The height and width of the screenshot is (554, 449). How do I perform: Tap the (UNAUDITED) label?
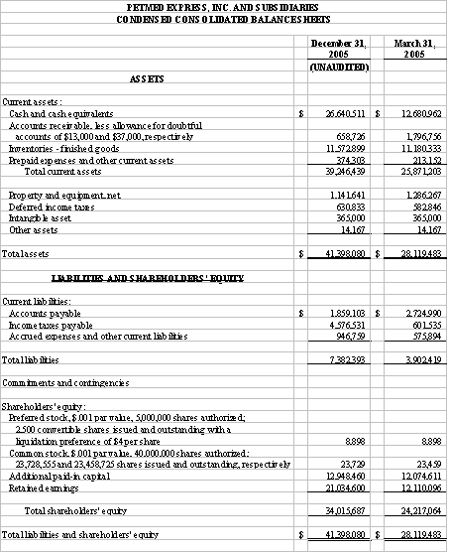336,67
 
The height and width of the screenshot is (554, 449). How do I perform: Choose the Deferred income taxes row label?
50,207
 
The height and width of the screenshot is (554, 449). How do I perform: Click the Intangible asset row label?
41,217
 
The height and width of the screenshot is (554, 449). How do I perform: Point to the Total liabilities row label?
34,356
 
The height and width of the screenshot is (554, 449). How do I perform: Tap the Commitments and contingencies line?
65,382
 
